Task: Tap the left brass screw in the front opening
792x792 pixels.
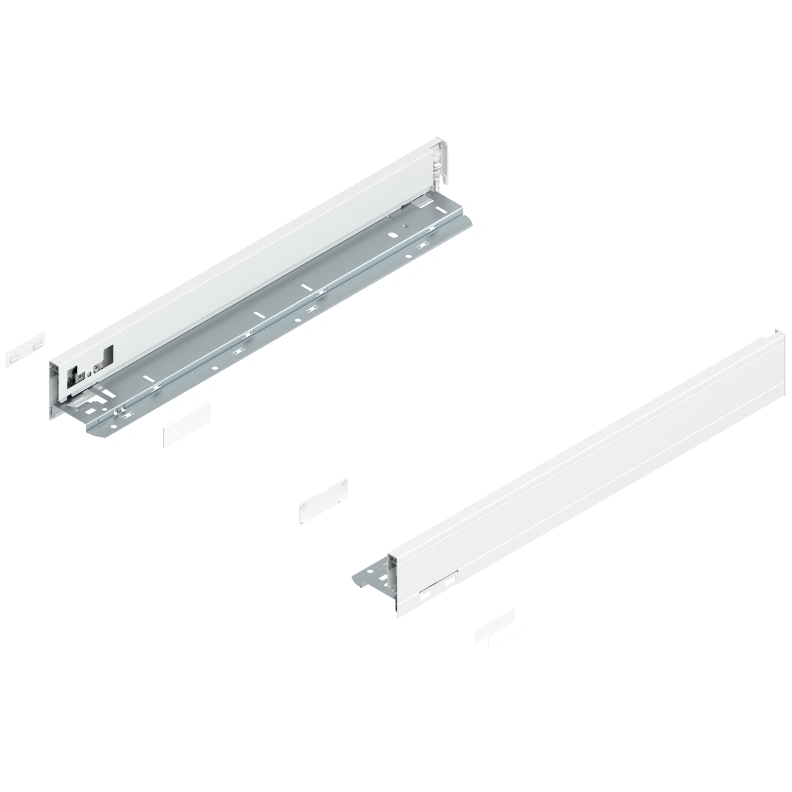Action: tap(80, 377)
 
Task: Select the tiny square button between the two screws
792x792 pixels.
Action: tap(89, 374)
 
